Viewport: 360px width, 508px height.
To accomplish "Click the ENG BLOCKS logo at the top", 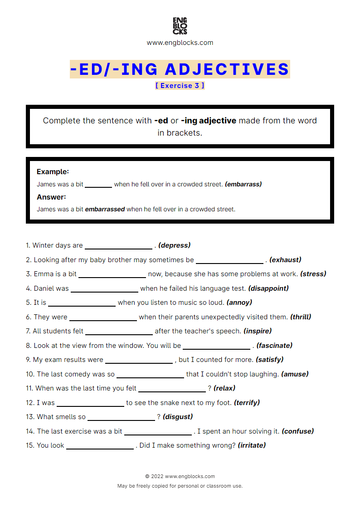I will [180, 26].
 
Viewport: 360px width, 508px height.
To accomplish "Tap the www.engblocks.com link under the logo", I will [180, 43].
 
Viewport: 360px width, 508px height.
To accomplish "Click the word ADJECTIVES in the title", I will [227, 69].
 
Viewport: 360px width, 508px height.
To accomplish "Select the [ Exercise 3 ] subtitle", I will [180, 85].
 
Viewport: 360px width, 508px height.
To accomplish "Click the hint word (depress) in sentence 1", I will [175, 245].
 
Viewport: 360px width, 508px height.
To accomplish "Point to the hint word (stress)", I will [313, 274].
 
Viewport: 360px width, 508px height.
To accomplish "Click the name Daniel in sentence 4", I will [44, 288].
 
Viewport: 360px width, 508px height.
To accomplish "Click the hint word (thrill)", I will [301, 317].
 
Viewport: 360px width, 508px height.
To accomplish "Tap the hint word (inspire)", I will [258, 331].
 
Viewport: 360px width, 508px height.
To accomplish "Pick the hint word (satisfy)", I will [269, 360].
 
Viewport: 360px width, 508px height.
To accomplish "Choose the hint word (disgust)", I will [178, 417].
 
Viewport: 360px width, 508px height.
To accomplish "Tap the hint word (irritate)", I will [252, 445].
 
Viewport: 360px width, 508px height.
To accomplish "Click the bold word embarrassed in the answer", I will [105, 210].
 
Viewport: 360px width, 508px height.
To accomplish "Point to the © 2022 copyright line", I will [180, 477].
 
